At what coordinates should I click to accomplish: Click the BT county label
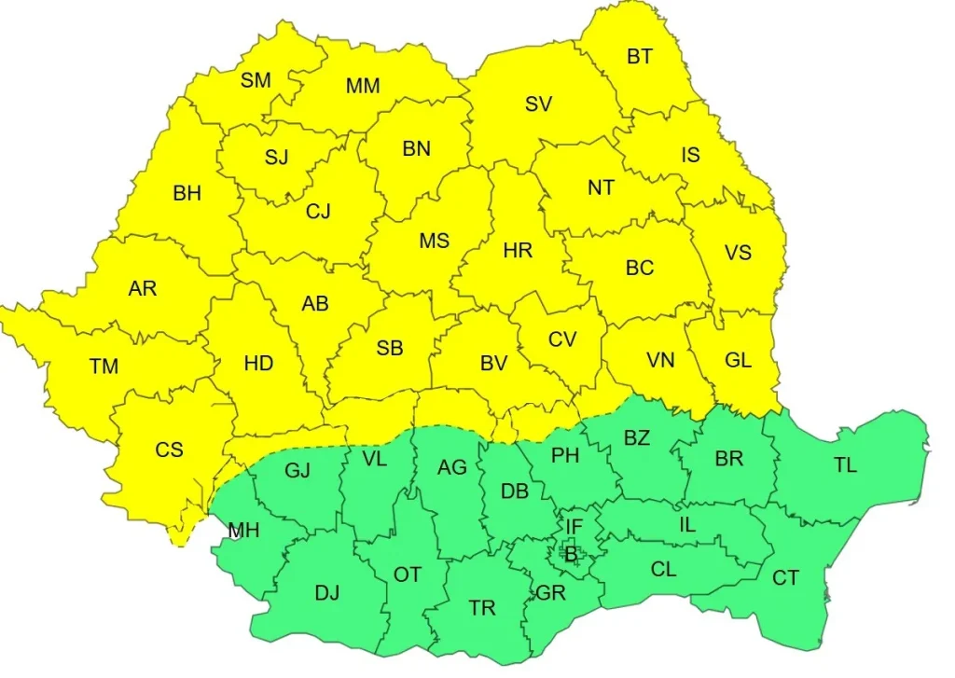click(x=640, y=57)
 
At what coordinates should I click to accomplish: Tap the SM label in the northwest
click(x=256, y=80)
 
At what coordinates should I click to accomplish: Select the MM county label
click(x=363, y=87)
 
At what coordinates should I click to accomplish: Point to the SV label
click(x=538, y=104)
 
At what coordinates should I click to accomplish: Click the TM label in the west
click(x=104, y=367)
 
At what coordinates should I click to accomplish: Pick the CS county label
click(x=169, y=450)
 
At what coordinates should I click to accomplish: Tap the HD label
click(x=258, y=363)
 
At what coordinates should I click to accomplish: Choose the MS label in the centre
click(x=434, y=241)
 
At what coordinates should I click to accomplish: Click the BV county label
click(x=493, y=364)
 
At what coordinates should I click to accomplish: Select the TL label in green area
click(x=845, y=465)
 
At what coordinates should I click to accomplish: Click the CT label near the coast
click(x=785, y=578)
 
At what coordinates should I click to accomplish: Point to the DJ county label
click(x=327, y=592)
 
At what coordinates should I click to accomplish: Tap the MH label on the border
click(x=243, y=532)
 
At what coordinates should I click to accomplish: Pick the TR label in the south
click(x=482, y=609)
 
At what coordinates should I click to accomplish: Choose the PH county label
click(x=565, y=456)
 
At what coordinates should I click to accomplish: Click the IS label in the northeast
click(x=690, y=155)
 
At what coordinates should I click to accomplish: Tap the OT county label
click(x=408, y=574)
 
